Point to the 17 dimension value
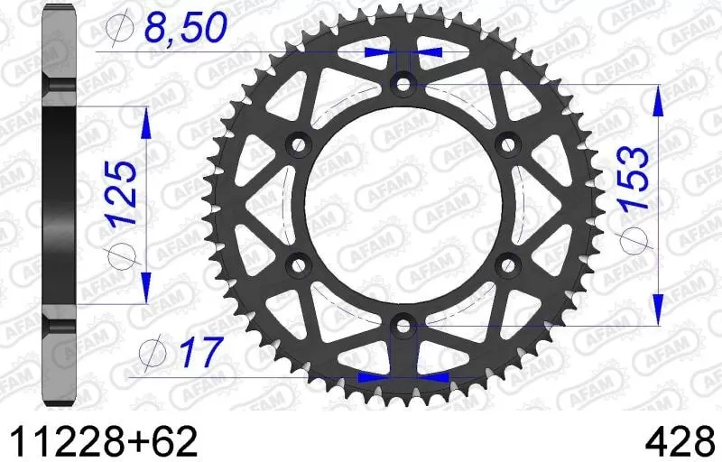pyautogui.click(x=195, y=351)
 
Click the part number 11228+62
pyautogui.click(x=102, y=441)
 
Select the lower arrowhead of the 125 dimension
pyautogui.click(x=144, y=289)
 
